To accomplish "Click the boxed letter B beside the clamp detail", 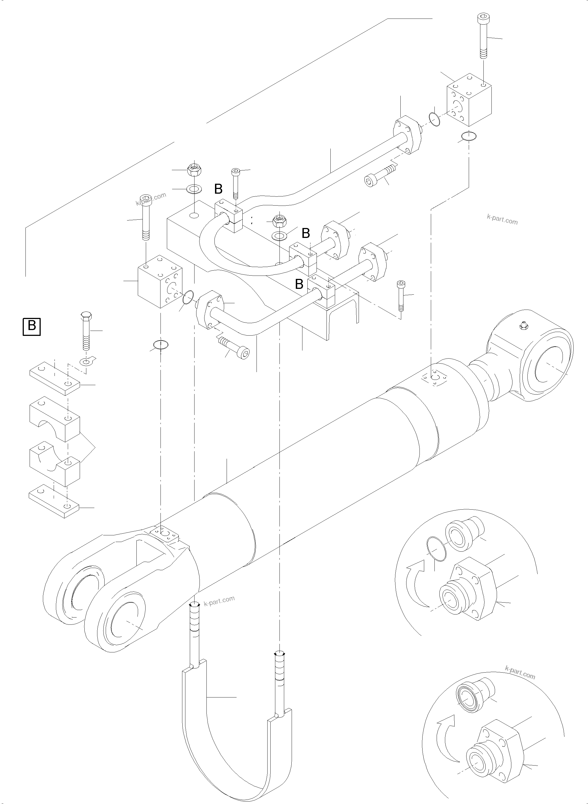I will pyautogui.click(x=32, y=326).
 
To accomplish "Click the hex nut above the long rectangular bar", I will pyautogui.click(x=194, y=170).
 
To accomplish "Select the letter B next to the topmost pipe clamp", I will pyautogui.click(x=218, y=189).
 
